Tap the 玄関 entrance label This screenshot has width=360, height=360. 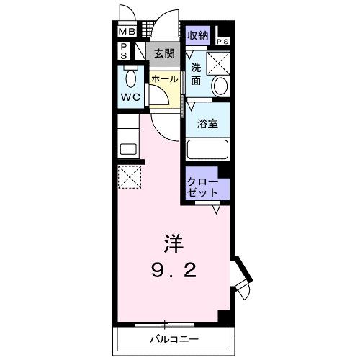click(x=164, y=53)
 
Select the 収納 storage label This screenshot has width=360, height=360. click(x=198, y=35)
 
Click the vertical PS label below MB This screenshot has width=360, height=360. click(x=125, y=51)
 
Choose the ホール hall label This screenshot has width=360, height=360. click(x=164, y=79)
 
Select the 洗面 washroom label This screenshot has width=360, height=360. click(x=197, y=74)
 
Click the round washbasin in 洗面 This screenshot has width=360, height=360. click(x=220, y=86)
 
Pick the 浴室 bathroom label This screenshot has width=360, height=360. click(x=207, y=122)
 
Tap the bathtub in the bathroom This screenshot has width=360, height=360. click(x=207, y=151)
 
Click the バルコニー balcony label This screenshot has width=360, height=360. click(x=174, y=338)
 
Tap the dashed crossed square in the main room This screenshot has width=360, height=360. click(x=129, y=176)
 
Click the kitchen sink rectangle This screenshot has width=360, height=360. click(x=128, y=150)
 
